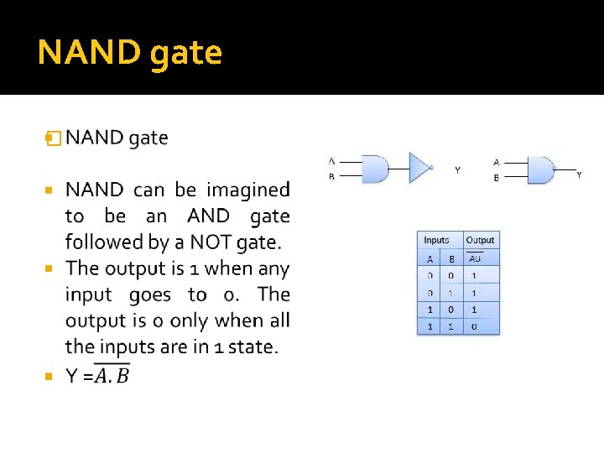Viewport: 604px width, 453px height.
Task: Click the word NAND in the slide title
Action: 86,52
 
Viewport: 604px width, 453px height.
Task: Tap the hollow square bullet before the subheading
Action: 54,138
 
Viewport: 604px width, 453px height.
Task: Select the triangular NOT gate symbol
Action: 419,167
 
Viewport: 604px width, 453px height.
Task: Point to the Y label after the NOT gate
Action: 457,170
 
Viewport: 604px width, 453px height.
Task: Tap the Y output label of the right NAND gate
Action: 579,174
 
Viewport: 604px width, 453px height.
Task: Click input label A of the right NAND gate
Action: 497,162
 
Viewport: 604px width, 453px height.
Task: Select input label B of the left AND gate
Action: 332,177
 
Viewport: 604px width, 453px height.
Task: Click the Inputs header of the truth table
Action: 436,240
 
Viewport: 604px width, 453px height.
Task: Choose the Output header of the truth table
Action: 481,240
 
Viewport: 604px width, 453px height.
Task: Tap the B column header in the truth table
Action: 450,258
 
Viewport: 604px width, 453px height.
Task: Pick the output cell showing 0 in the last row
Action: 474,326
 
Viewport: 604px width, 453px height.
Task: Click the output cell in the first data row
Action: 474,275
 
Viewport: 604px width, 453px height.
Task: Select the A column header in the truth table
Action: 430,258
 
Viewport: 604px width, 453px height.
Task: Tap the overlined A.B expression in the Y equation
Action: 112,377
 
